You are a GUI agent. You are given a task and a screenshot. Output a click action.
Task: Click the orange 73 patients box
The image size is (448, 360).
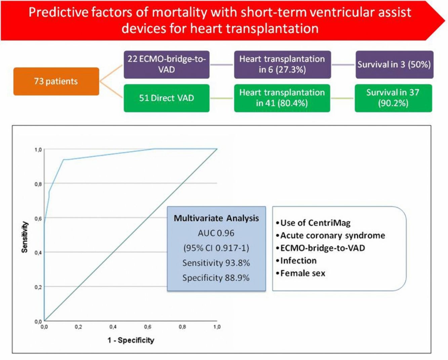pyautogui.click(x=56, y=81)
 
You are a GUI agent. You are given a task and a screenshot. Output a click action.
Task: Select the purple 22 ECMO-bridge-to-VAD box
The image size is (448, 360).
pyautogui.click(x=167, y=64)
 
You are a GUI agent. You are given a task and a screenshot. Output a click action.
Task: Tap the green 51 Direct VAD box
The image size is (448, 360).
pyautogui.click(x=167, y=98)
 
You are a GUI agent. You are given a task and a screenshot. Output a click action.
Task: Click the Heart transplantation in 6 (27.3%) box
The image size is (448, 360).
pyautogui.click(x=282, y=64)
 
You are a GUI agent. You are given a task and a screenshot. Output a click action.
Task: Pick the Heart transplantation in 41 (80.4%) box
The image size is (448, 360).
pyautogui.click(x=282, y=98)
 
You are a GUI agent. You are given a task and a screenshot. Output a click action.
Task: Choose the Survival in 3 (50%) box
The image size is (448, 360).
pyautogui.click(x=395, y=64)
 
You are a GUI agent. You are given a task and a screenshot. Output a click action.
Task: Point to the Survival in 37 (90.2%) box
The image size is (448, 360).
pyautogui.click(x=393, y=98)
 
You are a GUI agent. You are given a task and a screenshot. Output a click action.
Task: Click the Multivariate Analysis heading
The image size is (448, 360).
pyautogui.click(x=216, y=218)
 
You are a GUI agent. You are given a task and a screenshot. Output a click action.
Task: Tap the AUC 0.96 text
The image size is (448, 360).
pyautogui.click(x=216, y=233)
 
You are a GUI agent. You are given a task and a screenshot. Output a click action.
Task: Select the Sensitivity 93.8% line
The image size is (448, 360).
pyautogui.click(x=216, y=263)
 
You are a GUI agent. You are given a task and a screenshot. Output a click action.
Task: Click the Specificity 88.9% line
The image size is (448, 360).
pyautogui.click(x=216, y=278)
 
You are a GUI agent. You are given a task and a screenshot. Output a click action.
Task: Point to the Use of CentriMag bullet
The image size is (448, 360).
pyautogui.click(x=313, y=223)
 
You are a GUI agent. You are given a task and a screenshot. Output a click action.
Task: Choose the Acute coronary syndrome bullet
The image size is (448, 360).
pyautogui.click(x=331, y=235)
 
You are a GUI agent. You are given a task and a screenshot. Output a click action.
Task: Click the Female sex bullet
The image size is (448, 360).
pyautogui.click(x=300, y=273)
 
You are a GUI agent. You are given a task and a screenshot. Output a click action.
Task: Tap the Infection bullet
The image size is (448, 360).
pyautogui.click(x=296, y=261)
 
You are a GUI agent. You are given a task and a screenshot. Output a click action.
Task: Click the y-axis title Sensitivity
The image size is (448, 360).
pyautogui.click(x=25, y=237)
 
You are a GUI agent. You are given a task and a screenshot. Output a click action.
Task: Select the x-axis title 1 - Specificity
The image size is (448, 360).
pyautogui.click(x=131, y=341)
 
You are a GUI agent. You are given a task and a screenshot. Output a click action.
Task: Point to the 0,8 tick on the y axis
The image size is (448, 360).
pyautogui.click(x=38, y=184)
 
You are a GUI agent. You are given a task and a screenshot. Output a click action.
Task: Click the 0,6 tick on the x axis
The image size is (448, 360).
pyautogui.click(x=148, y=327)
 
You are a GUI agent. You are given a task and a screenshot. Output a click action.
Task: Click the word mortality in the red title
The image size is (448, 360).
pyautogui.click(x=179, y=12)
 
